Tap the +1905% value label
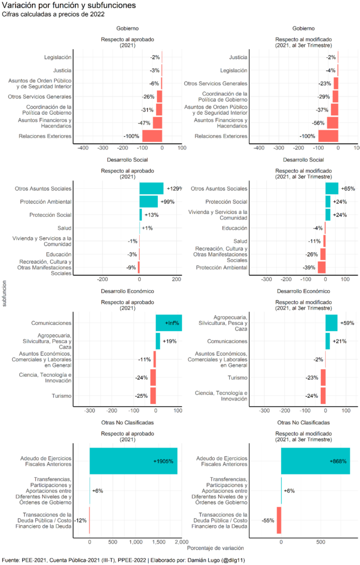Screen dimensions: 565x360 tap(165, 461)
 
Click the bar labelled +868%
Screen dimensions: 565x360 tap(315, 461)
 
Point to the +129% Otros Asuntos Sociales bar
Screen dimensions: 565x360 tap(151, 188)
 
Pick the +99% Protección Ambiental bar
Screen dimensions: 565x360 tap(149, 201)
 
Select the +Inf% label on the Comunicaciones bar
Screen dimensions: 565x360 tap(172, 323)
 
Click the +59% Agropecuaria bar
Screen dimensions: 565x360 tap(331, 323)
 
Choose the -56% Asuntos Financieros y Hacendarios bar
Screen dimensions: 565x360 tap(332, 122)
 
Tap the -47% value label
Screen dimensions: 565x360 tap(145, 123)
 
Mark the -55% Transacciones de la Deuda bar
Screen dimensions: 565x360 tap(279, 520)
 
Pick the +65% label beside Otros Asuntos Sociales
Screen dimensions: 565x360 tap(348, 189)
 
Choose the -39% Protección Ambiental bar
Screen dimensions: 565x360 tap(321, 267)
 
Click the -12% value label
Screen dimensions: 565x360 tap(80, 520)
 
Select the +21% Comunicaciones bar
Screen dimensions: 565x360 tap(327, 341)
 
